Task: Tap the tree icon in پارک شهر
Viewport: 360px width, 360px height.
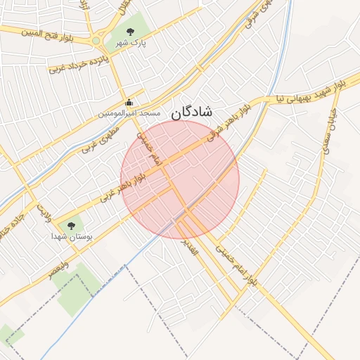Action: point(130,31)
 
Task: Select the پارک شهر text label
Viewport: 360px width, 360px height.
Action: point(131,42)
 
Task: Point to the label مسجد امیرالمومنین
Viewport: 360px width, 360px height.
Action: point(129,113)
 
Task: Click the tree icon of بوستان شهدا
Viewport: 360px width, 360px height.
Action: point(70,226)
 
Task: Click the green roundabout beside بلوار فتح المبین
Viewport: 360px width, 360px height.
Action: point(96,41)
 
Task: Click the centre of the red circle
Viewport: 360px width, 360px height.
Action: point(180,179)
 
